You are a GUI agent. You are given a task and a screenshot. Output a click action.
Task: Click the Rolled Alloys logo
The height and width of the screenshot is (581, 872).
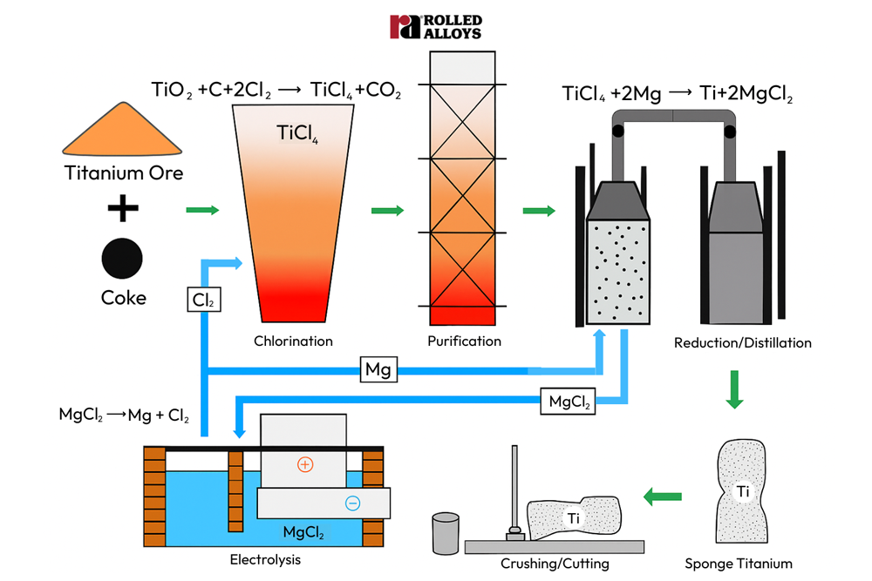(435, 26)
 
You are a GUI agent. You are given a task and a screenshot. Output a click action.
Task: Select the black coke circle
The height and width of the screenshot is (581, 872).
(123, 258)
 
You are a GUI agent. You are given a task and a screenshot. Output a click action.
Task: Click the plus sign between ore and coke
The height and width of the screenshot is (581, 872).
(123, 208)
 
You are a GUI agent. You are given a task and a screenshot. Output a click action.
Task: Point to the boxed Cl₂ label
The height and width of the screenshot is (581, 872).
(202, 301)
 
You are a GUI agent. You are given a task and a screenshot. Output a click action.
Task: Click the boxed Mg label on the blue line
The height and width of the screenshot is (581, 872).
(378, 370)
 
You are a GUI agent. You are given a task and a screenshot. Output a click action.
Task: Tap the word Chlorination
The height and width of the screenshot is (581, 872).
(293, 341)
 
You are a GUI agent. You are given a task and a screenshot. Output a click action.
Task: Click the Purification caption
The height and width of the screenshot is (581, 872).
(464, 341)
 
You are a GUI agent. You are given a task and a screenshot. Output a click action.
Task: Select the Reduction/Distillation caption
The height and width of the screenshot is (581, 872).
(743, 342)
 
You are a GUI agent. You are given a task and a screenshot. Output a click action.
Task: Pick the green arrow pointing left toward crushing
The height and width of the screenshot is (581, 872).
(663, 497)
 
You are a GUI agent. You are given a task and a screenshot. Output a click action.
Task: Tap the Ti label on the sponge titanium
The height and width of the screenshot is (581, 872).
(742, 492)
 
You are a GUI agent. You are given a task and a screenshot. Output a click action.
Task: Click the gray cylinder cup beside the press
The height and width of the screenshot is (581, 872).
(446, 532)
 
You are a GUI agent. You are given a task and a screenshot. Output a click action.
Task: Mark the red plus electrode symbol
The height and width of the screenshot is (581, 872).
(304, 464)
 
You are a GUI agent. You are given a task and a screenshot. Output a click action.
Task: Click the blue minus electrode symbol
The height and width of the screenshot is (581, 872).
(352, 503)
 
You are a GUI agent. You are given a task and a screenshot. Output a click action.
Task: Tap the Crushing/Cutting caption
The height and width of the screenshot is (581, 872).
(555, 564)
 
